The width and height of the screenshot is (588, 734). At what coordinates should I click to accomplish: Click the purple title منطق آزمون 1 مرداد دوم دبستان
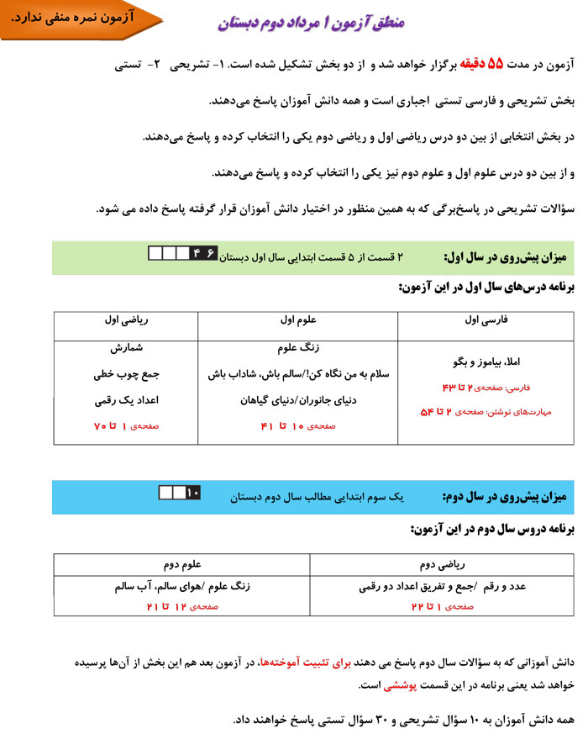tap(311, 22)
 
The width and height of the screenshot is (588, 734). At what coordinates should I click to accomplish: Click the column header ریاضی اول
tap(125, 320)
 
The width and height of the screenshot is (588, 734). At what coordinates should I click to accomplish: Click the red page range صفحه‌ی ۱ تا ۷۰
tap(125, 426)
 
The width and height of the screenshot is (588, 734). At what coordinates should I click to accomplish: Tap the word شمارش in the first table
tap(124, 347)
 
